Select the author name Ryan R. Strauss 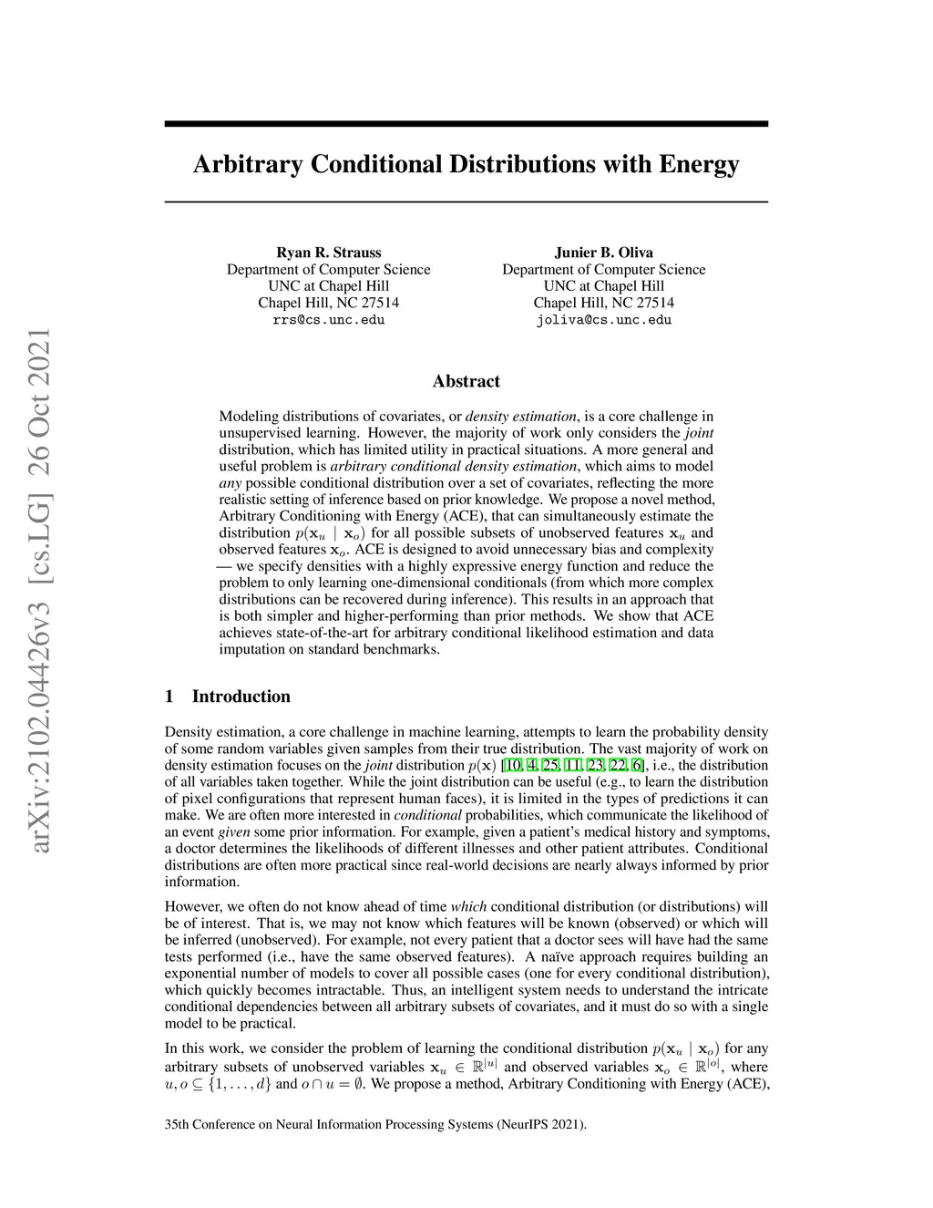[x=329, y=253]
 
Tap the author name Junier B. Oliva [x=604, y=253]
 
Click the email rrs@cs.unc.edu [x=329, y=320]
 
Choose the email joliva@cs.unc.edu [x=604, y=320]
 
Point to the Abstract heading [x=466, y=381]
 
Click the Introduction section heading [x=241, y=697]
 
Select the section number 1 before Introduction [x=169, y=697]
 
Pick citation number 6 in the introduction [x=637, y=765]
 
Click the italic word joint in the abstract [x=699, y=433]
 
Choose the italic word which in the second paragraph [x=468, y=906]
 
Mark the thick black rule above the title [x=466, y=123]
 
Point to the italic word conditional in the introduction [x=427, y=815]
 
